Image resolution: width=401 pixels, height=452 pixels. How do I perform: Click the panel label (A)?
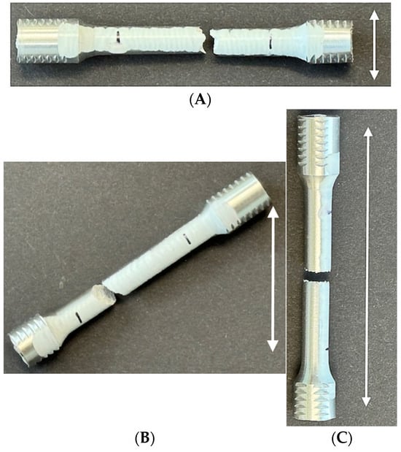(200, 100)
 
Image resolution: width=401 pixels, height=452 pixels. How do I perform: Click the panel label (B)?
(144, 438)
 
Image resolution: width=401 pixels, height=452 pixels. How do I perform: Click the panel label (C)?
(342, 438)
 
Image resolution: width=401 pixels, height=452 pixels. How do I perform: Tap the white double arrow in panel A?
(374, 45)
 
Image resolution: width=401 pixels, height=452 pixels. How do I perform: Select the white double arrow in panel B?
(273, 280)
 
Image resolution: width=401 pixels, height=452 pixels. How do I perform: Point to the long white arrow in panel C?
(367, 267)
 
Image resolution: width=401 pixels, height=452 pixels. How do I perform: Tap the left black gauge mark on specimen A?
(118, 38)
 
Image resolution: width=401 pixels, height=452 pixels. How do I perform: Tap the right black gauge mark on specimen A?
(270, 43)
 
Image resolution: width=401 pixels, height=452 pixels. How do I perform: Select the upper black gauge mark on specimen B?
(187, 239)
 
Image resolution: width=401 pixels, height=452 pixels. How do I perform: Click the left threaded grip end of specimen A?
(47, 41)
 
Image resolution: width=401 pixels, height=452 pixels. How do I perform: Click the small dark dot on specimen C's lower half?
(327, 350)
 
